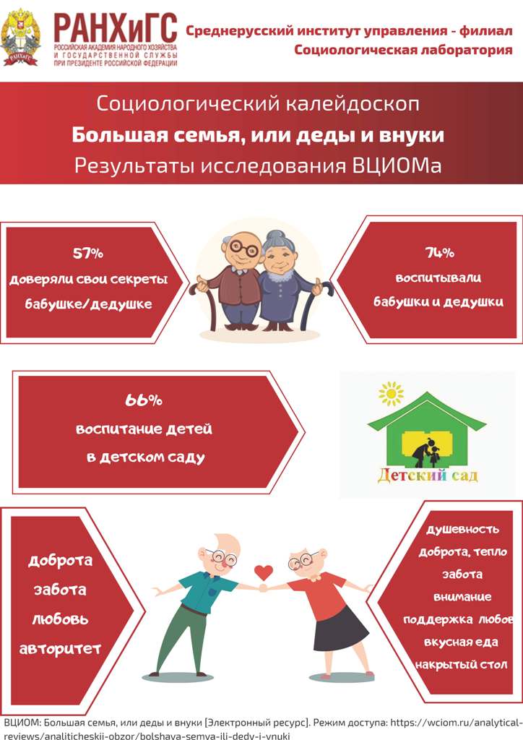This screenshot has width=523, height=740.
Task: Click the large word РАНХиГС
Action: point(116,28)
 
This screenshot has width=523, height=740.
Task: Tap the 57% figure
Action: point(87,254)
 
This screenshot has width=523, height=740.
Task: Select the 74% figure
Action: point(439,252)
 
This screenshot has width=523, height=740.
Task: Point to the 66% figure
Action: point(143,400)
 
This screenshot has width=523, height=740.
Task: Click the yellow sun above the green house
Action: point(391,394)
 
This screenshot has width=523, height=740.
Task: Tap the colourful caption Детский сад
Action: point(427,475)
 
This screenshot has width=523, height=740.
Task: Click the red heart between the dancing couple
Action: point(263,572)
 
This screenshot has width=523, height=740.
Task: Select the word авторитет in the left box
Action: point(61,649)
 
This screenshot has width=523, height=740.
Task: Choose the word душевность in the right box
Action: point(462,529)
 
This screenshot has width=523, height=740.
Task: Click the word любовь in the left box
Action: point(60,619)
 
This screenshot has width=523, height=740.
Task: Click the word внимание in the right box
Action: point(462,596)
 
